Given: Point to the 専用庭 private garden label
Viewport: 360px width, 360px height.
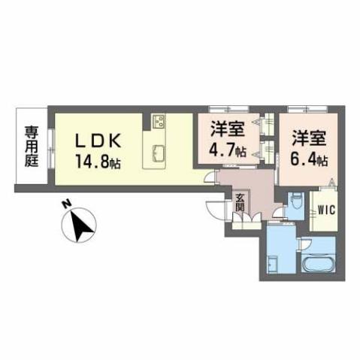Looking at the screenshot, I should [x=31, y=146].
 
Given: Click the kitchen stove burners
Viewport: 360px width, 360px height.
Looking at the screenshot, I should [x=159, y=122].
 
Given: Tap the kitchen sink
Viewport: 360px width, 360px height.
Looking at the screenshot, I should [x=159, y=152].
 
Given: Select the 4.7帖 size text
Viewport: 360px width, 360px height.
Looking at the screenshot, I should [x=228, y=150].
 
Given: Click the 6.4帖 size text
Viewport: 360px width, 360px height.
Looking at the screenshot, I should [x=309, y=159].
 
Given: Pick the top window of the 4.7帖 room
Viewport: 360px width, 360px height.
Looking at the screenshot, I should [x=228, y=109].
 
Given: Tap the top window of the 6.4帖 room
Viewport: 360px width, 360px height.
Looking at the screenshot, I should [x=309, y=109].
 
